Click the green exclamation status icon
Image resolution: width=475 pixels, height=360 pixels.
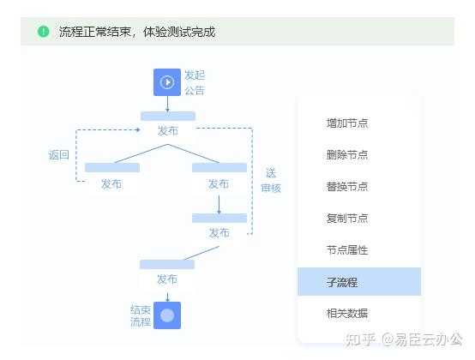[44, 31]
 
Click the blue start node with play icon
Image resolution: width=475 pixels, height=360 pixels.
[167, 82]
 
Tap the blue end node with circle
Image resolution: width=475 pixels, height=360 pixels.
[167, 315]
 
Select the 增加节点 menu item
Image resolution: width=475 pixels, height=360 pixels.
[347, 123]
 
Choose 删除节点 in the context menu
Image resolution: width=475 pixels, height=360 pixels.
[347, 155]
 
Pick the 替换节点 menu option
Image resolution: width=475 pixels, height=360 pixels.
[347, 187]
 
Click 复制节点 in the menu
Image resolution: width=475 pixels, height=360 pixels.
[347, 219]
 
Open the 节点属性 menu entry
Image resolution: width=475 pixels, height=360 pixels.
[347, 250]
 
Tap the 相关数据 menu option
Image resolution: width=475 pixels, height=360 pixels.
[347, 314]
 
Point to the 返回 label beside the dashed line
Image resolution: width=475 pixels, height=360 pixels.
[59, 155]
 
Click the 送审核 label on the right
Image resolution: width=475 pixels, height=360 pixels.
[271, 181]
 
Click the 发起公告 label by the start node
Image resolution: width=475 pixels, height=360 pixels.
[195, 82]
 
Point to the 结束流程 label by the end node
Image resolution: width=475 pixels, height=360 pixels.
[141, 315]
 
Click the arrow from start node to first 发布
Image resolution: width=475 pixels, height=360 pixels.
[167, 104]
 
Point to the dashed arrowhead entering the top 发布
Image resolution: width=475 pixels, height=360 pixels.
[138, 130]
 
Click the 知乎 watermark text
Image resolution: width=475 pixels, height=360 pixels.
[360, 339]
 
